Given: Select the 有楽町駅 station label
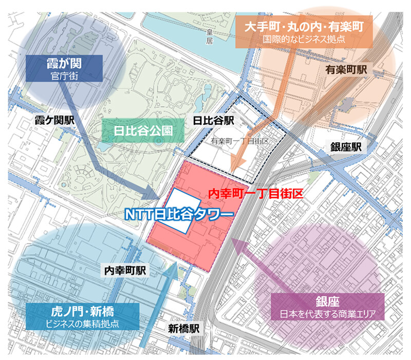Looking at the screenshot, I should point(346,70).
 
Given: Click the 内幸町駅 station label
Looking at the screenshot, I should point(125,270).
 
